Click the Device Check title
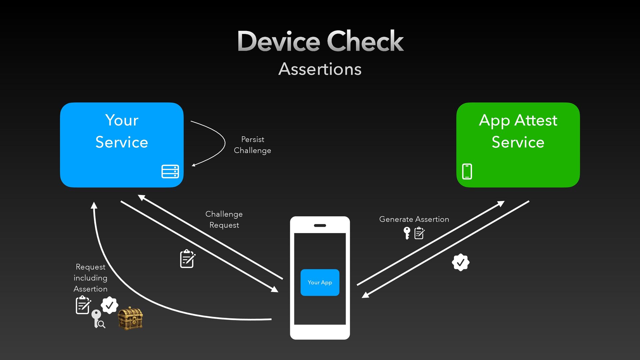pyautogui.click(x=320, y=41)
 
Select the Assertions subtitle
pyautogui.click(x=320, y=69)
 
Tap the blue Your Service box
pyautogui.click(x=122, y=145)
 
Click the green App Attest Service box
pyautogui.click(x=518, y=145)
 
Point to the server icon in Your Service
pyautogui.click(x=170, y=171)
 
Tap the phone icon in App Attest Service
pyautogui.click(x=467, y=171)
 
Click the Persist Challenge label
pyautogui.click(x=252, y=145)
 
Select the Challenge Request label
pyautogui.click(x=224, y=219)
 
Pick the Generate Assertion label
pyautogui.click(x=414, y=219)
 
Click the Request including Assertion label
pyautogui.click(x=90, y=278)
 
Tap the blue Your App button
pyautogui.click(x=320, y=282)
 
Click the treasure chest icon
pyautogui.click(x=130, y=318)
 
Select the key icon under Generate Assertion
pyautogui.click(x=407, y=233)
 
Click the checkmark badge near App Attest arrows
pyautogui.click(x=461, y=262)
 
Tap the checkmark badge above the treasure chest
pyautogui.click(x=109, y=305)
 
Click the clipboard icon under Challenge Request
pyautogui.click(x=187, y=259)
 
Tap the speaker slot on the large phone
pyautogui.click(x=320, y=226)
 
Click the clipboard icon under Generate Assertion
pyautogui.click(x=419, y=233)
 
